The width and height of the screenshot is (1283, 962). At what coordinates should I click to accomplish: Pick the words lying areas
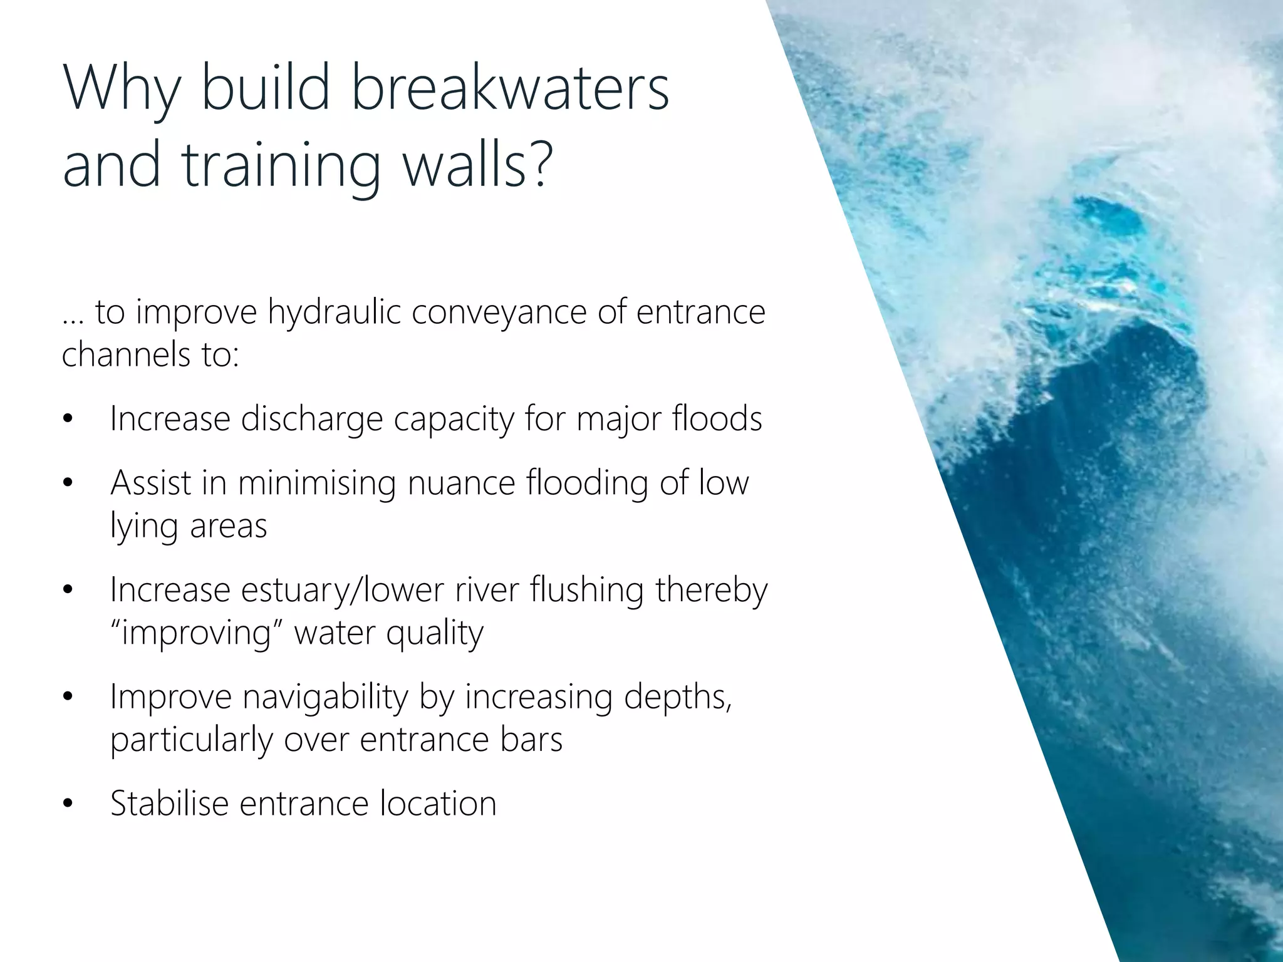189,525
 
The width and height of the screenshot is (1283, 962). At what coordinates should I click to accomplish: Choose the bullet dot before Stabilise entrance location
68,804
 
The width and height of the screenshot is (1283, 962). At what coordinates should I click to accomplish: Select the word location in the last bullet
438,803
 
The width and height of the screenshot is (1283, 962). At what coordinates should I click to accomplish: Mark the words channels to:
150,354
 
